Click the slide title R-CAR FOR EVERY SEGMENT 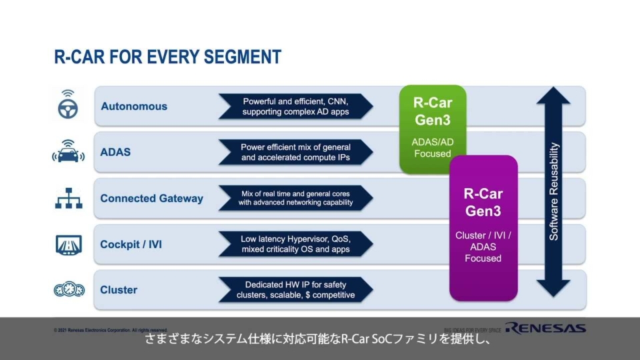tap(167, 57)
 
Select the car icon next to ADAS tap(68, 152)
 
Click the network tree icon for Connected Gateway tap(68, 198)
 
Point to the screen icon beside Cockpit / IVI tap(68, 245)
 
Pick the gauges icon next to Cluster tap(68, 290)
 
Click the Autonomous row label tap(134, 106)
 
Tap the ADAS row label tap(115, 152)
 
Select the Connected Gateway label tap(151, 198)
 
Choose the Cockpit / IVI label tap(131, 245)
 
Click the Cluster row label tap(119, 290)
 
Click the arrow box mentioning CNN tap(295, 106)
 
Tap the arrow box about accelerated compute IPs tap(295, 152)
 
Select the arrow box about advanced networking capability tap(295, 198)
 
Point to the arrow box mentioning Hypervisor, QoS tap(295, 244)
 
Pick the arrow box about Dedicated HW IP tap(295, 290)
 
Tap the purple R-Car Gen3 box tap(483, 227)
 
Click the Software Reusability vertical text tap(553, 192)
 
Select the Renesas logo tap(545, 327)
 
